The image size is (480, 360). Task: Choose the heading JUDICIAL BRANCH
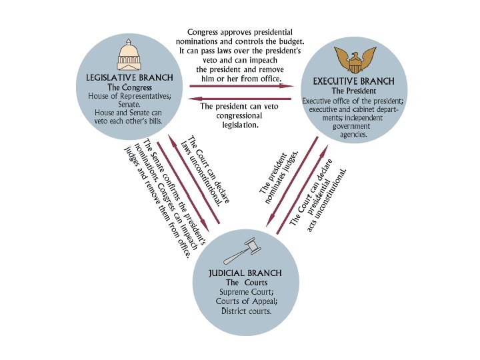coord(244,273)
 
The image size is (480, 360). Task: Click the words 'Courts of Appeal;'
coord(244,302)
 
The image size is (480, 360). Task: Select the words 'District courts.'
coord(244,311)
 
